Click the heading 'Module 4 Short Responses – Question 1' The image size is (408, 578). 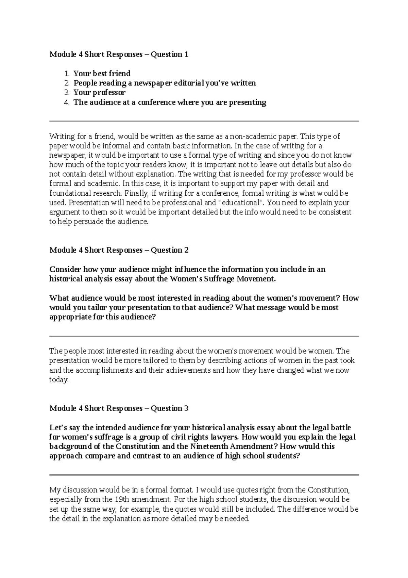pyautogui.click(x=119, y=54)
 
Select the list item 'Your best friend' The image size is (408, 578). pyautogui.click(x=102, y=74)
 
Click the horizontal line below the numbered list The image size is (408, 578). pyautogui.click(x=204, y=121)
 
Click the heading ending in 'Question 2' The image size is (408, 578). pyautogui.click(x=119, y=250)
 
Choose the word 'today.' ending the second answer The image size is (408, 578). pyautogui.click(x=59, y=380)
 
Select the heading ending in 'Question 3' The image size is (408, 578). pyautogui.click(x=119, y=408)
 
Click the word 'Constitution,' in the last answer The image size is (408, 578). pyautogui.click(x=328, y=490)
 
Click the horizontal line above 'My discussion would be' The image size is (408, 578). pyautogui.click(x=204, y=475)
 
